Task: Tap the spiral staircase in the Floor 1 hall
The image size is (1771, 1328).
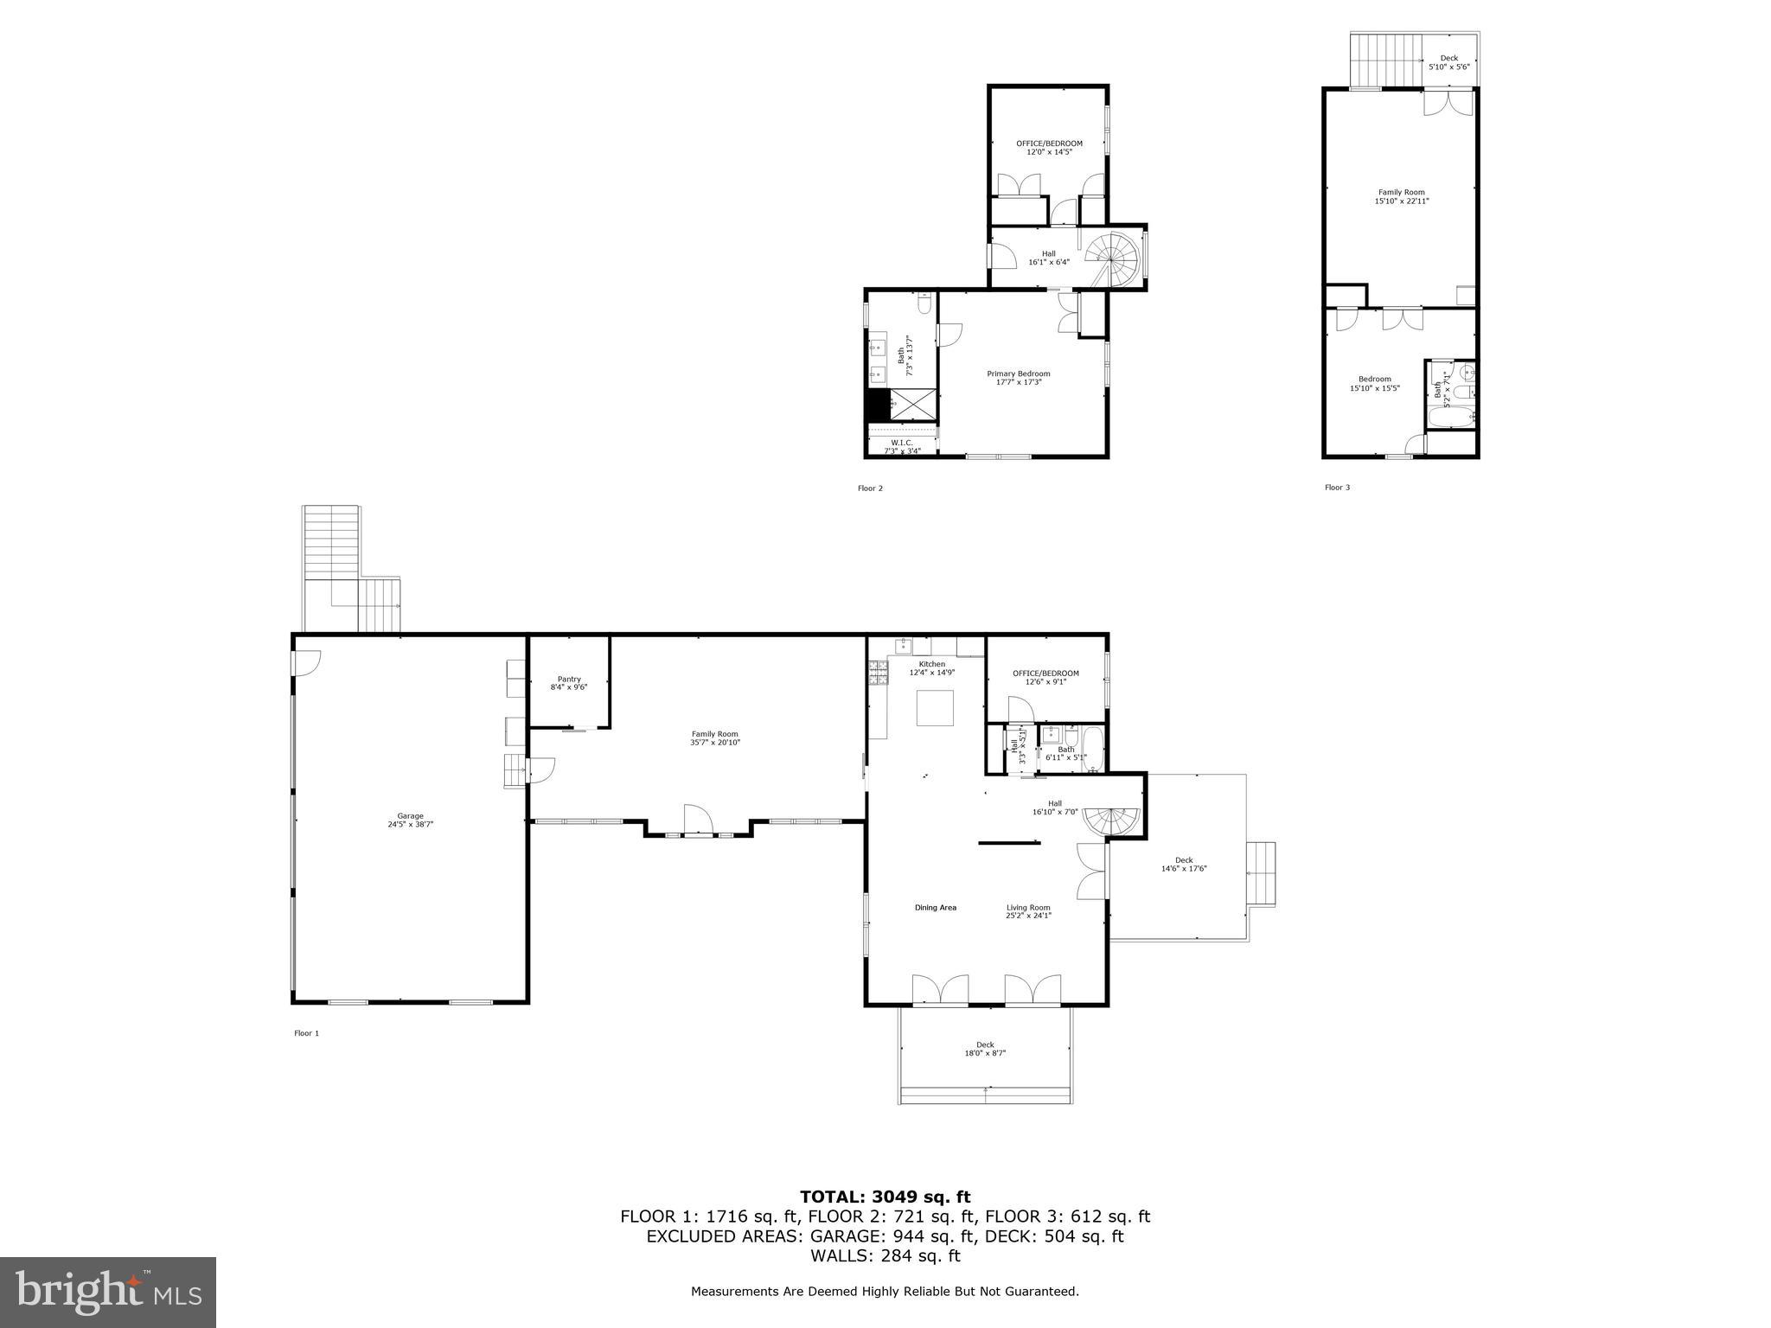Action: point(1112,820)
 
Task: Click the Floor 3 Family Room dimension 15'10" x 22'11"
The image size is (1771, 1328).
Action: point(1402,201)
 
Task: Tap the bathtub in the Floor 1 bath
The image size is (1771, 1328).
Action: point(1092,750)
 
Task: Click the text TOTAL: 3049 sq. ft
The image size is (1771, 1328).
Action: point(885,1197)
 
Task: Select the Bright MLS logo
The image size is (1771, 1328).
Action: point(108,1293)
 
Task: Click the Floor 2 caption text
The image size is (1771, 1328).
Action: point(870,488)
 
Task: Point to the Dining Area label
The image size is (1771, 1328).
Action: point(936,908)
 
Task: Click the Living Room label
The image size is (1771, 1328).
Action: point(1028,908)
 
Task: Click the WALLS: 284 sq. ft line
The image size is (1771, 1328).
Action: point(885,1256)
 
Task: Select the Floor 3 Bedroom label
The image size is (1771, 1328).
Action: point(1374,379)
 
